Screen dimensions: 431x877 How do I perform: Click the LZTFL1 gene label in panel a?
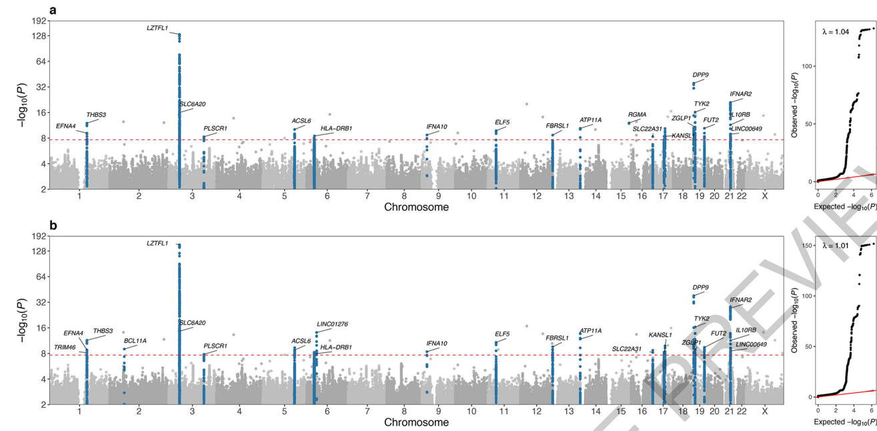[157, 28]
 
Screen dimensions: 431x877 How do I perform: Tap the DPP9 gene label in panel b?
[700, 288]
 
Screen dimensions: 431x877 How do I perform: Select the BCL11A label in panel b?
[135, 340]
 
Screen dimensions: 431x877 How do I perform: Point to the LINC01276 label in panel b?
[332, 324]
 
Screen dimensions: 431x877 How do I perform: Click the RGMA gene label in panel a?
[637, 115]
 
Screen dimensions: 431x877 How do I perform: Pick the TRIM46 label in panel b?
[65, 347]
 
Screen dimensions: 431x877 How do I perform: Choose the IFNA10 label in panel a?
[437, 127]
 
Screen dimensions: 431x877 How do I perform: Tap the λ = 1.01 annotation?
[835, 246]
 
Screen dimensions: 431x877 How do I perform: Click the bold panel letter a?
[53, 10]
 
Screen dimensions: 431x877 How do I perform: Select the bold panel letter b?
[53, 226]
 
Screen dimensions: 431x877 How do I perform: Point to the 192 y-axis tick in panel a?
[40, 21]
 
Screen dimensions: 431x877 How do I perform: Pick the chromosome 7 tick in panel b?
[367, 412]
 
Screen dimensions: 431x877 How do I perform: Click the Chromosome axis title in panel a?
[416, 207]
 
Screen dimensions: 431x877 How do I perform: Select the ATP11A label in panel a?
[590, 120]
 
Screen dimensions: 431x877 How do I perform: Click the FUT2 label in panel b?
[718, 333]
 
